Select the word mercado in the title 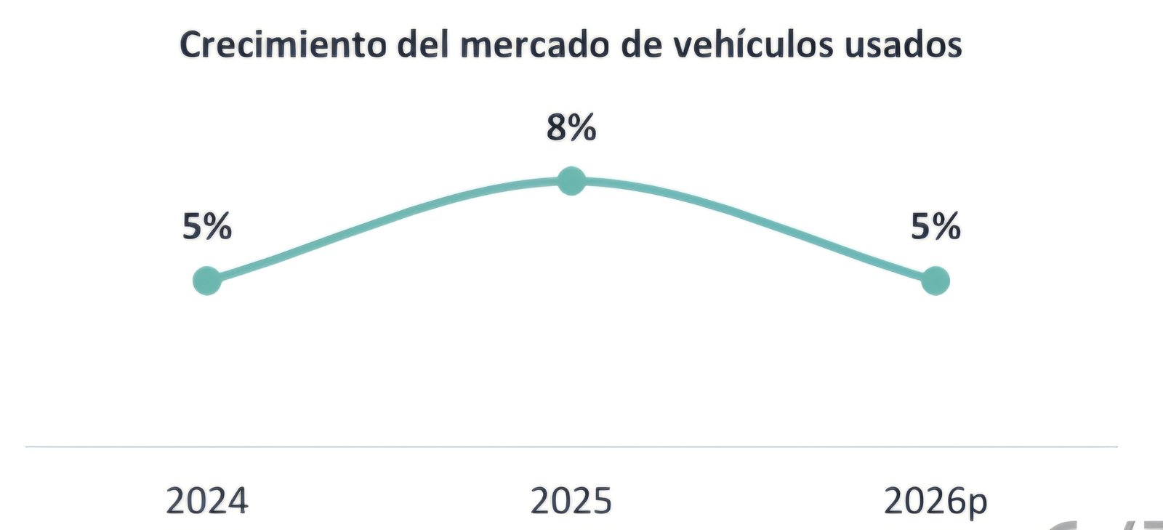536,45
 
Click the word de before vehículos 642,45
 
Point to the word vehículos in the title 752,45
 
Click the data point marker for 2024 207,281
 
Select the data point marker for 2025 571,181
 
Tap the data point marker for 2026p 935,281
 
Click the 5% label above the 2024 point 207,227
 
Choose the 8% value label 571,128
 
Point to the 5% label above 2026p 935,227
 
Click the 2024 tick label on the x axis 207,502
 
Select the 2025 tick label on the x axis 571,502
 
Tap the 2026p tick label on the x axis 935,502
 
